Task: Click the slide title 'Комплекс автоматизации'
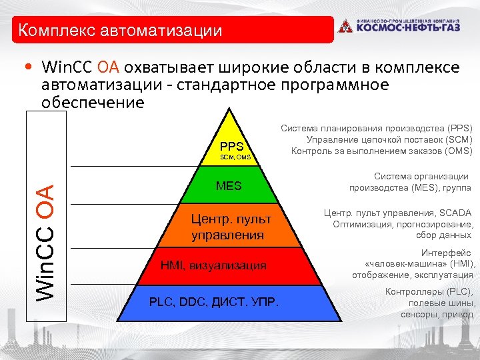[x=121, y=31]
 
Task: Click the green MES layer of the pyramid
[x=229, y=186]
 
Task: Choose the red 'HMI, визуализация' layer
[x=213, y=265]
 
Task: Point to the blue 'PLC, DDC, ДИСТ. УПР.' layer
[x=214, y=304]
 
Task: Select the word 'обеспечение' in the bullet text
[x=93, y=103]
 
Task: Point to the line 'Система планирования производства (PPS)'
[x=376, y=127]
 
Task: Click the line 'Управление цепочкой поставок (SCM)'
[x=389, y=139]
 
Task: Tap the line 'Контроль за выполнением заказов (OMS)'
[x=381, y=151]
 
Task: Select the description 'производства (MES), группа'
[x=410, y=188]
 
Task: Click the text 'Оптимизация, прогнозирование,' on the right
[x=402, y=224]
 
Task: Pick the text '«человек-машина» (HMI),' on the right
[x=420, y=264]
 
